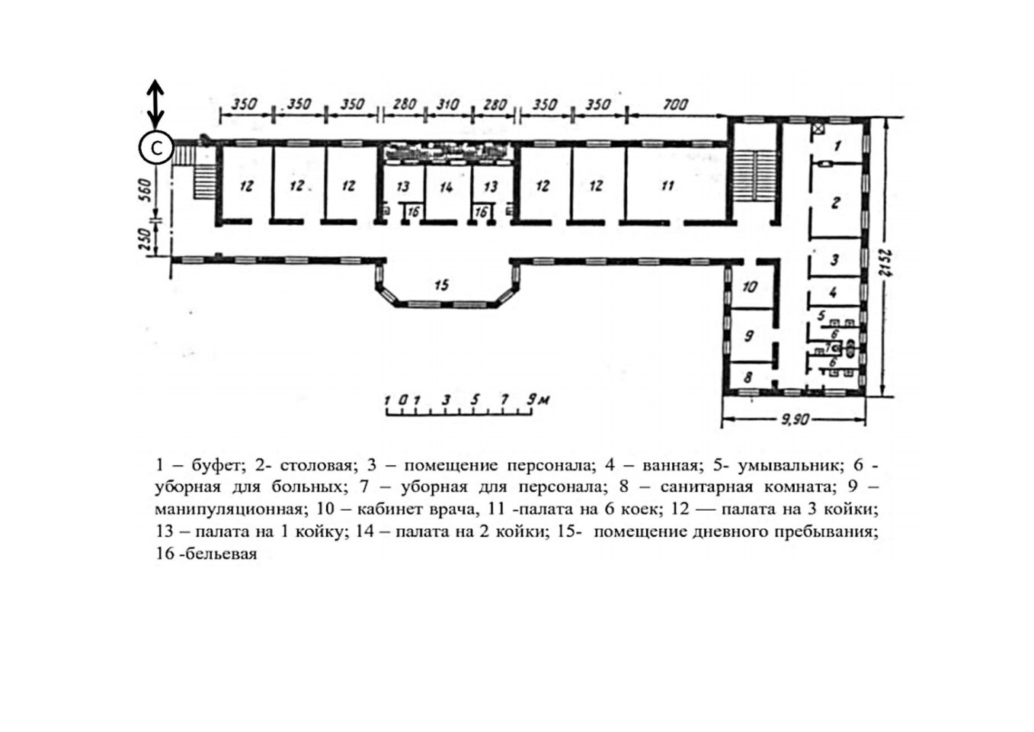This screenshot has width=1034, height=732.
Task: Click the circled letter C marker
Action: (x=156, y=148)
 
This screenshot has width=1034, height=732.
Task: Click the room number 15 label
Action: (x=442, y=285)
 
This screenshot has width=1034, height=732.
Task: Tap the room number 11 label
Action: (x=667, y=185)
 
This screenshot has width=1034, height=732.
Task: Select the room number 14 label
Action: (x=447, y=187)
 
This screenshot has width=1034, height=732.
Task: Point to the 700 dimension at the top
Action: (x=675, y=104)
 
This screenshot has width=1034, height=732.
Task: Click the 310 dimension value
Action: (x=447, y=104)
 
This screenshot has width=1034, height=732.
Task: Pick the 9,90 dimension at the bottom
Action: (x=795, y=420)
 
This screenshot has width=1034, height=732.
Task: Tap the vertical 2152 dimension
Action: (x=886, y=263)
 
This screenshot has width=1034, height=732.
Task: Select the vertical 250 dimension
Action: (x=145, y=239)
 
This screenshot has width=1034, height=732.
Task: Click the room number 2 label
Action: (x=835, y=202)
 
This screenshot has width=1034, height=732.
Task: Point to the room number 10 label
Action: (x=750, y=287)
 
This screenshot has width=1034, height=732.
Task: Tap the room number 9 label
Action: (x=749, y=335)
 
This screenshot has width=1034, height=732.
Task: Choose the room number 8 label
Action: (x=747, y=377)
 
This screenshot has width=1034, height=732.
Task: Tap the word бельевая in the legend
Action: (x=221, y=554)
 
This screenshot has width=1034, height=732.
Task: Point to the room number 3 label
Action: (x=834, y=260)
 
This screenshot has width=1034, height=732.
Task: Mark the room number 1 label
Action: (x=838, y=146)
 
